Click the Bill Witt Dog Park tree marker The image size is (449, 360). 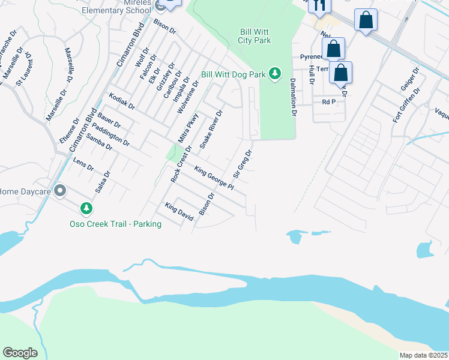click(275, 74)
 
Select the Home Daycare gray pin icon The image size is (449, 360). click(60, 191)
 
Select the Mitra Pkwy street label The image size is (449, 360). click(188, 127)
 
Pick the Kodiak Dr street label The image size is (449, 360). click(122, 101)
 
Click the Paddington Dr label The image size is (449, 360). click(112, 134)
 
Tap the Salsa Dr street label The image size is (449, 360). click(103, 182)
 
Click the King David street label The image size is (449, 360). click(179, 212)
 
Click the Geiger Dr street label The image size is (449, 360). click(409, 80)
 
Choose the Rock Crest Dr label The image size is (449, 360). click(181, 164)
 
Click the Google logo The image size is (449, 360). click(20, 353)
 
